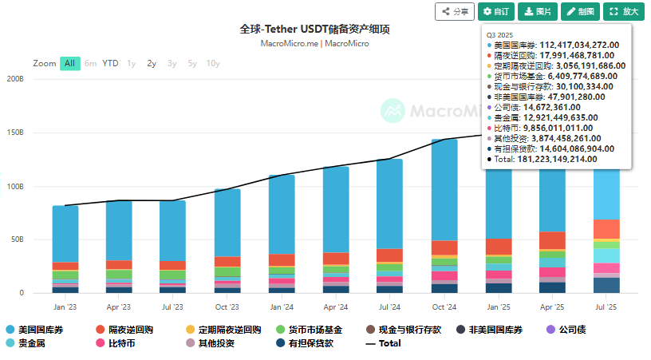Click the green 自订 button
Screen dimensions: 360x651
point(495,12)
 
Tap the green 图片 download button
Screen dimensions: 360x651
point(538,12)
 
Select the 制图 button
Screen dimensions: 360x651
point(580,12)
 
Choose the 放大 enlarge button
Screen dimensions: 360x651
point(624,12)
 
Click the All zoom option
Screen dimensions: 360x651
point(70,63)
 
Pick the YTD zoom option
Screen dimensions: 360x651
point(110,63)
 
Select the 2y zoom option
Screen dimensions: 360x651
point(152,63)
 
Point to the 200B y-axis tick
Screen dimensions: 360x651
point(15,79)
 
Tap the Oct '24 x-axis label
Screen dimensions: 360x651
point(444,307)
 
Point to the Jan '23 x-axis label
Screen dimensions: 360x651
point(65,307)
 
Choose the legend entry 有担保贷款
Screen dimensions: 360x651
point(308,343)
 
